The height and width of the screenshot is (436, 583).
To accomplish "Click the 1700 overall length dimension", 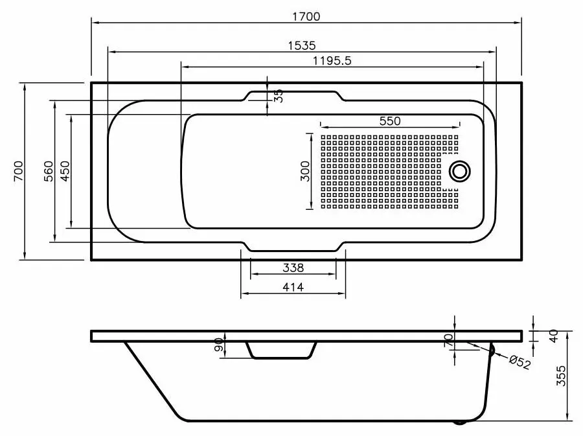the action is pos(306,16).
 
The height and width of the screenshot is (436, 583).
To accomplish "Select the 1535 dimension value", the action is pos(302,46).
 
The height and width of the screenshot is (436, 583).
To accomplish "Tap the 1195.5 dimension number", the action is pos(332,61).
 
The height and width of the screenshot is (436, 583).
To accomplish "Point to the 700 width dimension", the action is pos(18,171).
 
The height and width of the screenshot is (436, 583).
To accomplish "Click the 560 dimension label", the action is pos(49,171).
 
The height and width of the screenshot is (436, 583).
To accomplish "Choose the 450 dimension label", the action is pos(65,171).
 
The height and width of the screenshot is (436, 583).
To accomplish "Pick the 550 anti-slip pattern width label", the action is pos(390,121).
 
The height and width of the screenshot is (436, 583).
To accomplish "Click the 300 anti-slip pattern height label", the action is pos(305,171).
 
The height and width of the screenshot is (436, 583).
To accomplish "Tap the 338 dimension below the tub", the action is pos(293,268).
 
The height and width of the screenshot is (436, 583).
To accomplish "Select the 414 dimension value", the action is pos(293,288).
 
